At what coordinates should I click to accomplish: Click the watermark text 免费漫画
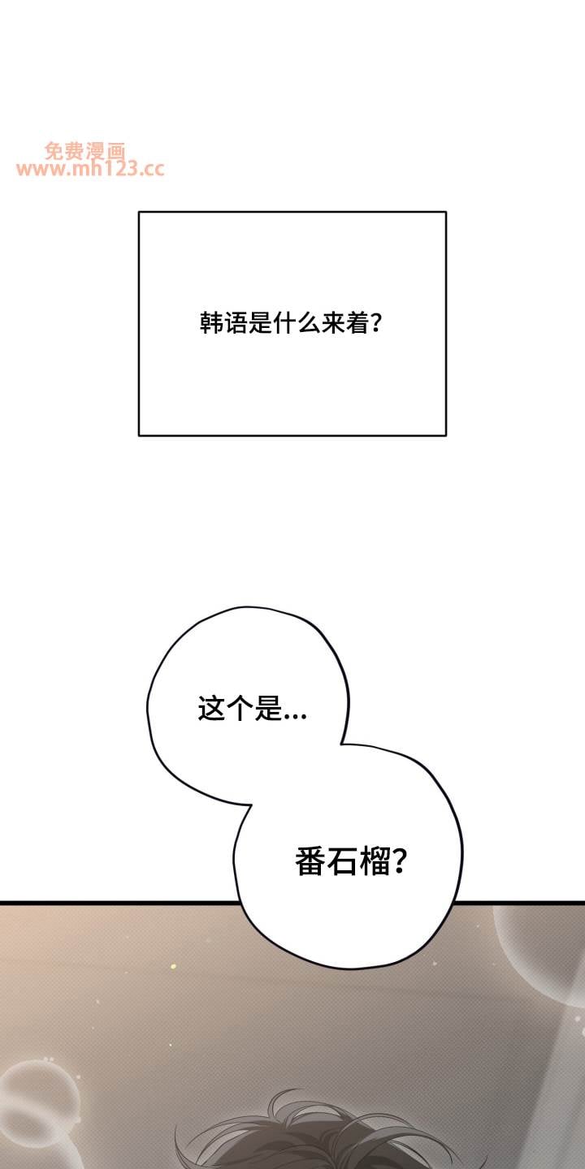pyautogui.click(x=85, y=151)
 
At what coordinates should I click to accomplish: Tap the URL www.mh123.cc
pyautogui.click(x=90, y=169)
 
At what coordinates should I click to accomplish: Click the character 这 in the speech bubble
pyautogui.click(x=210, y=709)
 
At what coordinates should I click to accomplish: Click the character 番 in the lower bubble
pyautogui.click(x=310, y=861)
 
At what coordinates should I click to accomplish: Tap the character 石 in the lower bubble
pyautogui.click(x=342, y=861)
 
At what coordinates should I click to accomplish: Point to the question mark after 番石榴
pyautogui.click(x=399, y=861)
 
